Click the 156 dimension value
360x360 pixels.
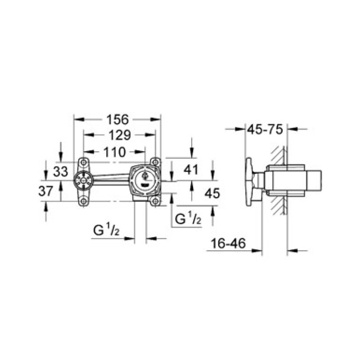(x=117, y=120)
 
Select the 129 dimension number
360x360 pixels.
(x=117, y=135)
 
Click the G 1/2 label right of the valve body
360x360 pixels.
(x=187, y=219)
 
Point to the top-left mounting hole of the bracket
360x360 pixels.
(x=83, y=162)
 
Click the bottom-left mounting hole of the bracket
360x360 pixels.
(x=83, y=201)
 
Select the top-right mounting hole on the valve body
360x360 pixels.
(x=155, y=162)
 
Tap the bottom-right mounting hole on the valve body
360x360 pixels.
(x=155, y=201)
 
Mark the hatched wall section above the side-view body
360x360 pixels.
(x=278, y=155)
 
